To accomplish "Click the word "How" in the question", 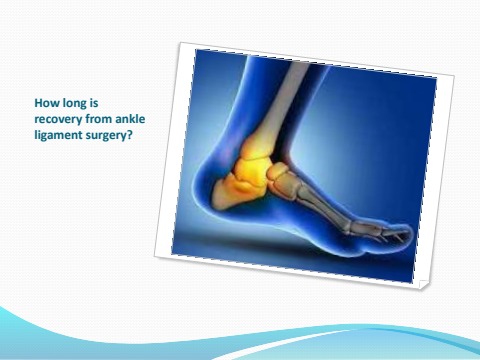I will coord(46,101).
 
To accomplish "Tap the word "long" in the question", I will coord(74,101).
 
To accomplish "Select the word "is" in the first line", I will coord(97,101).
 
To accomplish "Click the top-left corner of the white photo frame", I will coord(182,43).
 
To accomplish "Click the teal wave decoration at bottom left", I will coord(60,325).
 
